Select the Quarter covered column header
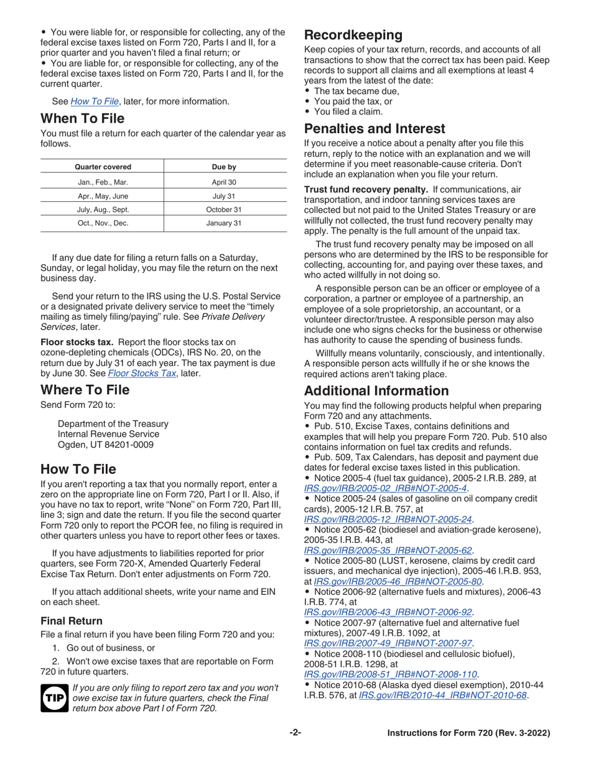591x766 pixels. coord(103,167)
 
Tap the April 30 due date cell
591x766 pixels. coord(224,182)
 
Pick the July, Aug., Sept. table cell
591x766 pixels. coord(103,209)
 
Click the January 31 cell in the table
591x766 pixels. coord(224,223)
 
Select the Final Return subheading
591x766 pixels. coord(72,621)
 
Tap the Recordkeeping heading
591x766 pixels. coord(353,35)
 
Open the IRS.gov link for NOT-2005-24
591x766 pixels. coord(388,519)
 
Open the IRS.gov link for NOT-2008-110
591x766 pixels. coord(391,674)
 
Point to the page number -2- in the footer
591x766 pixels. coord(295,733)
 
